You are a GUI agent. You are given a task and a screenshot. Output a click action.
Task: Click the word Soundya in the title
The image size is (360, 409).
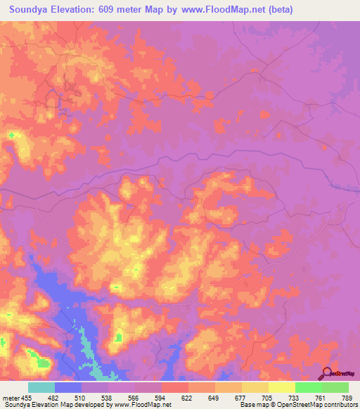pyautogui.click(x=30, y=9)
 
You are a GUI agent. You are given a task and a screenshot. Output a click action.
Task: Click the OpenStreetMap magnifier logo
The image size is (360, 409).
pyautogui.click(x=328, y=375)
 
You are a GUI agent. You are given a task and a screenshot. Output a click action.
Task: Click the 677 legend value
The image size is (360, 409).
pyautogui.click(x=240, y=398)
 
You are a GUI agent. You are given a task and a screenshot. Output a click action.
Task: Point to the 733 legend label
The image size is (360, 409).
pyautogui.click(x=294, y=398)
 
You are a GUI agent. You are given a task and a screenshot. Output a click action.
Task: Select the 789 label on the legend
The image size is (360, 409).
pyautogui.click(x=347, y=398)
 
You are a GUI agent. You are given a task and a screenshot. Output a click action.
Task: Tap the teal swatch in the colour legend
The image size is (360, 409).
pyautogui.click(x=41, y=387)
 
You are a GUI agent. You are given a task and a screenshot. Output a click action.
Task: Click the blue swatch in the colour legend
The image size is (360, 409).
pyautogui.click(x=68, y=387)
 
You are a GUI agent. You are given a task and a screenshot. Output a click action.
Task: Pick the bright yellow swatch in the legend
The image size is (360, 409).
pyautogui.click(x=281, y=387)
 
